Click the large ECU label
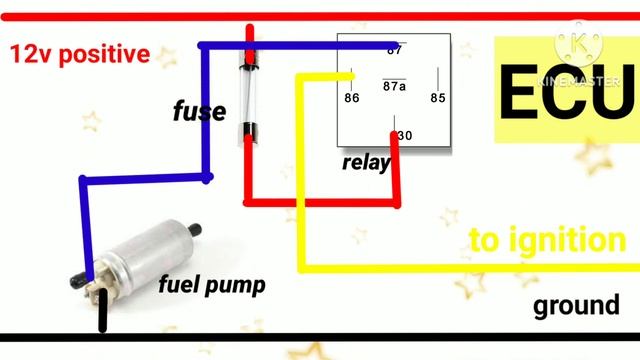566,94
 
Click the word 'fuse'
199,112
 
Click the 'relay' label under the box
365,163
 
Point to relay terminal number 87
394,49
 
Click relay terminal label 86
351,98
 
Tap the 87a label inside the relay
394,87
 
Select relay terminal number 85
437,98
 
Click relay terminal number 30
404,135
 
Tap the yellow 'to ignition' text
547,240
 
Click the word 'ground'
576,305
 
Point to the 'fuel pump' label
212,285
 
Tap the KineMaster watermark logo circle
579,43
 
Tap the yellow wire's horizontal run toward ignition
450,266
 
